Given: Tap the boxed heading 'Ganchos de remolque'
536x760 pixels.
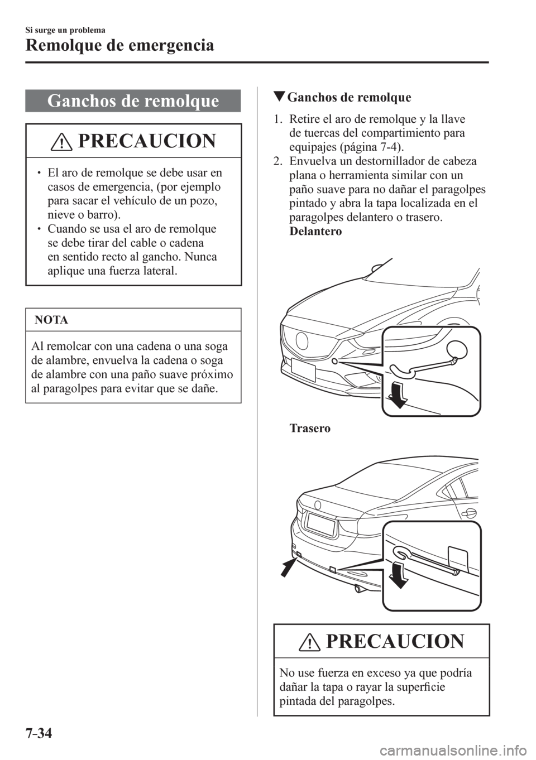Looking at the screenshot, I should click(133, 101).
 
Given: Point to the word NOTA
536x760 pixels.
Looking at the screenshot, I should click(51, 320).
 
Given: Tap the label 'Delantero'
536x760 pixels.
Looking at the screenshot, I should click(315, 232).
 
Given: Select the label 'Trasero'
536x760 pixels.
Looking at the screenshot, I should click(310, 429).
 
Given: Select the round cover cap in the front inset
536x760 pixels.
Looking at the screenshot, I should click(462, 349).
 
